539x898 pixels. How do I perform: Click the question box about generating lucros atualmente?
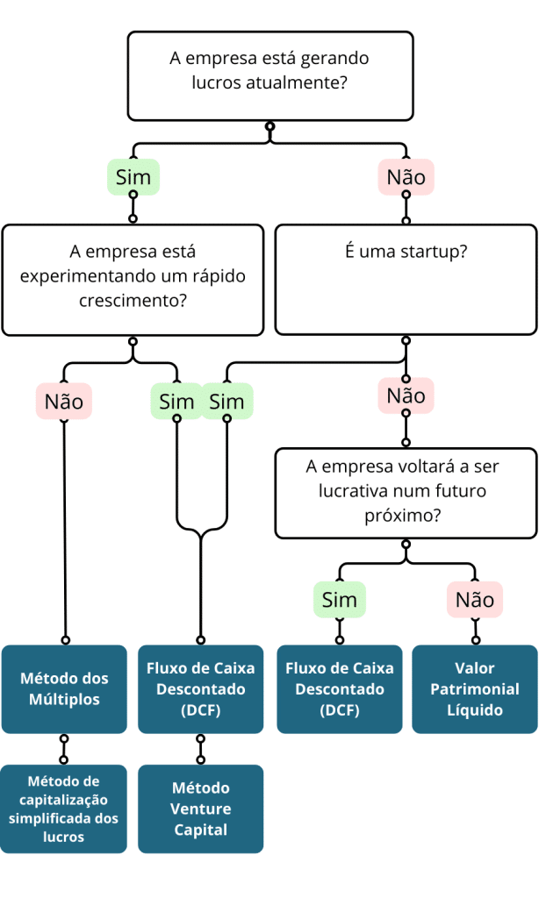click(x=269, y=75)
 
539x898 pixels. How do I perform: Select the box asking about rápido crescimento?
click(x=133, y=280)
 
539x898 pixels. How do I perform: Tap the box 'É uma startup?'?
click(x=406, y=280)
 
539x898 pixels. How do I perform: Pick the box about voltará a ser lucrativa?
click(x=406, y=493)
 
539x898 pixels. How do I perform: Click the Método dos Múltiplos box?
click(x=64, y=689)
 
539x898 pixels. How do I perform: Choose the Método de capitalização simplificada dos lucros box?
click(x=64, y=809)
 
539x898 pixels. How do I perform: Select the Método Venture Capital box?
click(x=200, y=809)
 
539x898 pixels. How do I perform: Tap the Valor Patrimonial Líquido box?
click(x=474, y=689)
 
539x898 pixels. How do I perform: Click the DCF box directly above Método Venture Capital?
click(x=200, y=689)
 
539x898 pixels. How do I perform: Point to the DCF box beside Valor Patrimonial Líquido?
click(x=340, y=689)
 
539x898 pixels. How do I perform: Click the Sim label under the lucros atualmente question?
click(x=133, y=177)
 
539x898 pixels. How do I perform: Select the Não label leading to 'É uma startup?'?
click(x=406, y=177)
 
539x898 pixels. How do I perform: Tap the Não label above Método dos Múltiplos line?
click(x=64, y=402)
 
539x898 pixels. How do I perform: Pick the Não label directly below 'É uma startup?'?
click(x=406, y=396)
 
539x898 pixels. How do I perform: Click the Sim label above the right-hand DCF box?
click(x=340, y=600)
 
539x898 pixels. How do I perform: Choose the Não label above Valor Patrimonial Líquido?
click(x=475, y=600)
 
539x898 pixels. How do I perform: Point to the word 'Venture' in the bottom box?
click(x=200, y=809)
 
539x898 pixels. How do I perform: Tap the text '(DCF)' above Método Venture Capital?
click(x=200, y=710)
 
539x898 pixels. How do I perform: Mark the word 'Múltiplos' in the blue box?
click(x=64, y=700)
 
